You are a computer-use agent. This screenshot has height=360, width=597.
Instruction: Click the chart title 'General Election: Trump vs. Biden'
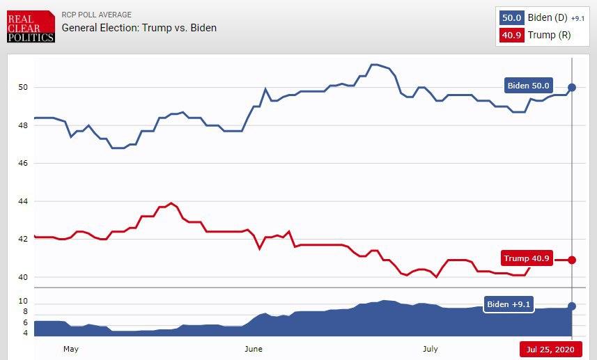(139, 28)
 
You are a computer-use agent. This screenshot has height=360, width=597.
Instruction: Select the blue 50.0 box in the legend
(511, 17)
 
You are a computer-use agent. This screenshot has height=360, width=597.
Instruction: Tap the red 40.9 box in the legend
(511, 35)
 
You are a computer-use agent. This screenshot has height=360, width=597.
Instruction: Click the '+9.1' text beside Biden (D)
(579, 18)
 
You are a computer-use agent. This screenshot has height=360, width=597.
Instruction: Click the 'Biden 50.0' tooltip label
(529, 86)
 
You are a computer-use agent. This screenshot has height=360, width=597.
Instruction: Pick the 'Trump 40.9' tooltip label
(527, 259)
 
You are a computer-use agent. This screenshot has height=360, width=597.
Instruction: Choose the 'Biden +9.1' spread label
(509, 305)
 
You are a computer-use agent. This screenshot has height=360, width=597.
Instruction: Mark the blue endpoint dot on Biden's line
(572, 87)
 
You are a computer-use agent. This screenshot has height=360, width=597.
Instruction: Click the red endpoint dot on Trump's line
(572, 260)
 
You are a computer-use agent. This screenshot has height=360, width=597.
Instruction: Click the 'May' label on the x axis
(70, 348)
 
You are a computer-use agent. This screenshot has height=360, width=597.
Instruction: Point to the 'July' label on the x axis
(430, 348)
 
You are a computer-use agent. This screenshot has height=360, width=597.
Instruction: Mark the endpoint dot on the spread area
(572, 306)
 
